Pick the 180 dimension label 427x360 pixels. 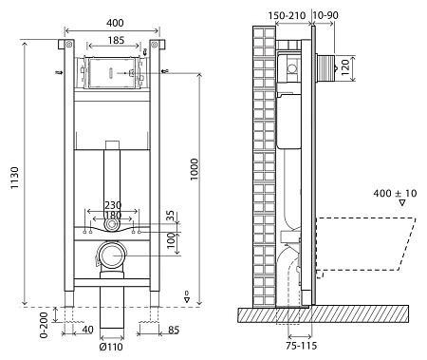tap(113, 218)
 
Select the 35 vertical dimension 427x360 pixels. tap(172, 218)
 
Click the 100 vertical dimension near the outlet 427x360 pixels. tap(172, 241)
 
